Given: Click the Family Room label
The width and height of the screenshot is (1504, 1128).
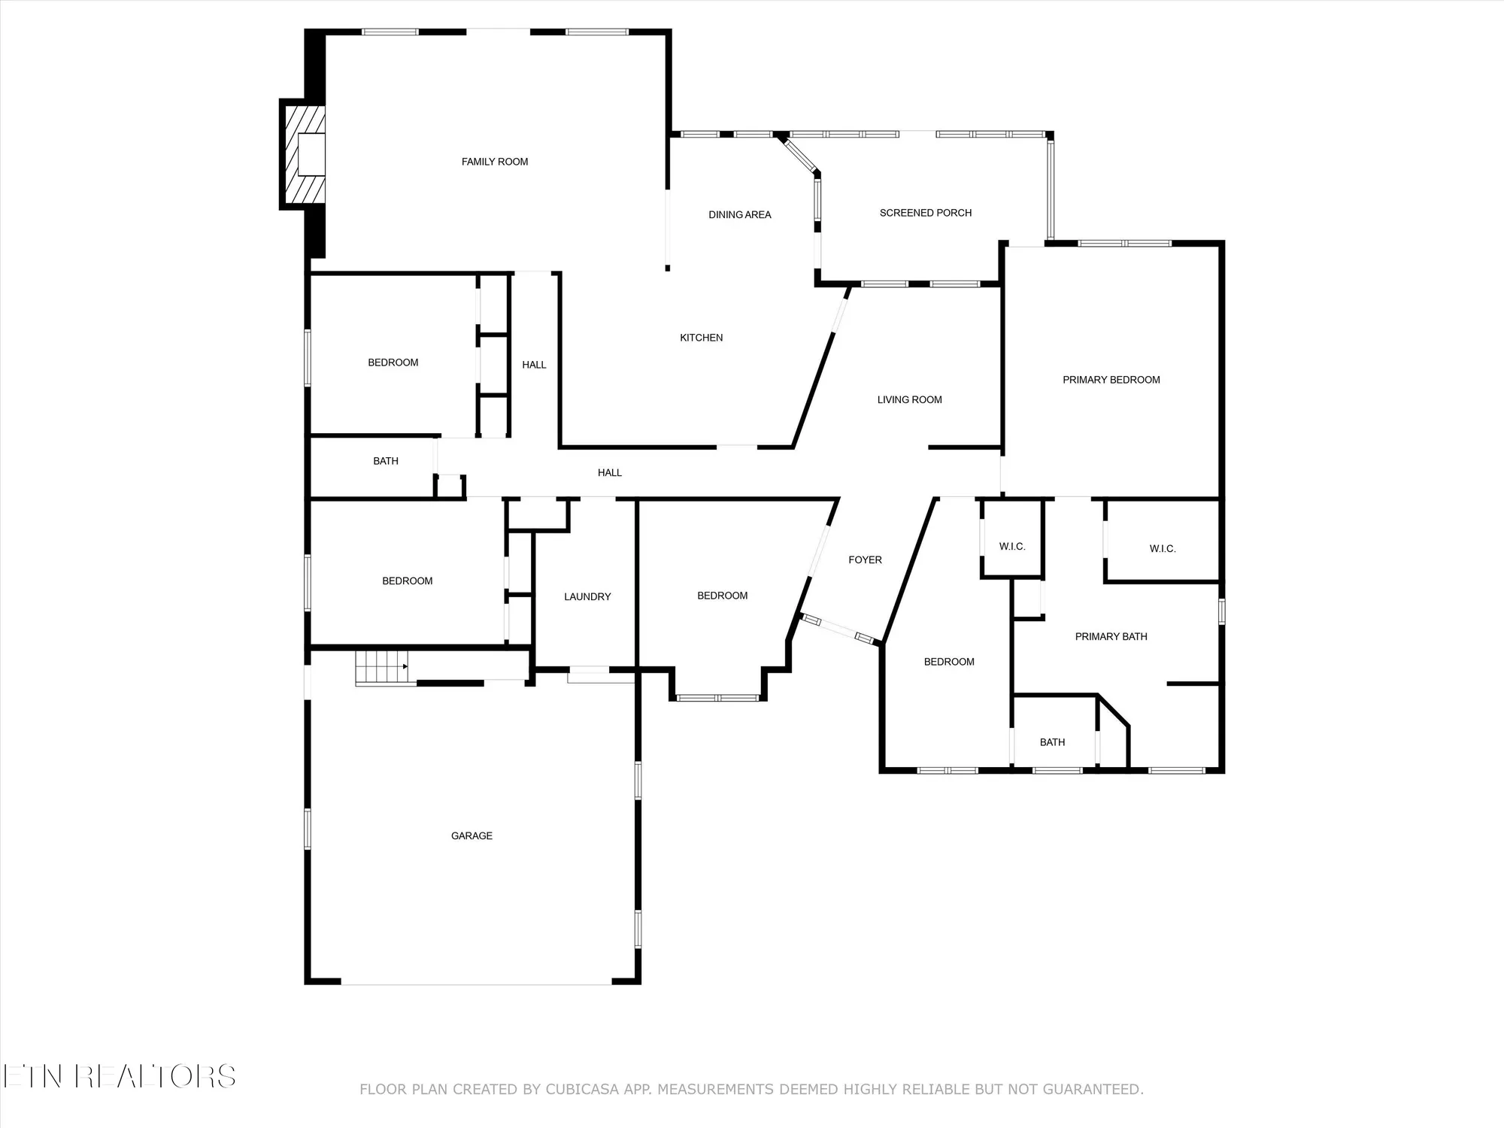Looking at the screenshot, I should click(494, 162).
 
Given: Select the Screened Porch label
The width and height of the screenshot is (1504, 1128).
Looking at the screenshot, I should click(925, 213).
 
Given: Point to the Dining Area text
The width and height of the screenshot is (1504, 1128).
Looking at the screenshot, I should click(739, 215).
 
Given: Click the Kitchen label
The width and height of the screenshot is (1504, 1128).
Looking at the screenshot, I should click(701, 338).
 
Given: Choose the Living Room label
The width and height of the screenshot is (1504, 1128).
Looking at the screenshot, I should click(909, 400).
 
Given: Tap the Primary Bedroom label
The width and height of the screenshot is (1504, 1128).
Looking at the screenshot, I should click(1111, 380).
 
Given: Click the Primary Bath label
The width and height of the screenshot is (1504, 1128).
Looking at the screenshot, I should click(1111, 637).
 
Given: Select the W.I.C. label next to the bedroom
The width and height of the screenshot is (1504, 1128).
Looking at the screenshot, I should click(1011, 547).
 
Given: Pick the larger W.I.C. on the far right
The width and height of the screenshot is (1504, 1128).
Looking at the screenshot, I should click(1162, 549).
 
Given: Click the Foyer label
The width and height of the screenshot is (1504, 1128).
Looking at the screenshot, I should click(865, 560).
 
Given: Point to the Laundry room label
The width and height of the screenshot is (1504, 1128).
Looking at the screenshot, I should click(587, 597).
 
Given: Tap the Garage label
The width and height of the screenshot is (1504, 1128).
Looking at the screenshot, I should click(472, 836).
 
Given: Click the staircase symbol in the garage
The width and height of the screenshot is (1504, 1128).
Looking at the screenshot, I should click(382, 668).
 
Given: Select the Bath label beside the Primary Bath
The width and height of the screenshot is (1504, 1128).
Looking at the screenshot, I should click(1052, 742).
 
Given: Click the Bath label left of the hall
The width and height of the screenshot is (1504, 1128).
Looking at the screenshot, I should click(385, 461).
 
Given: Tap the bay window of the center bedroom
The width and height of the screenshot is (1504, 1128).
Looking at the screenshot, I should click(717, 697).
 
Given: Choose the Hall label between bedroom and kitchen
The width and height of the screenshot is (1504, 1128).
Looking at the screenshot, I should click(534, 365).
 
